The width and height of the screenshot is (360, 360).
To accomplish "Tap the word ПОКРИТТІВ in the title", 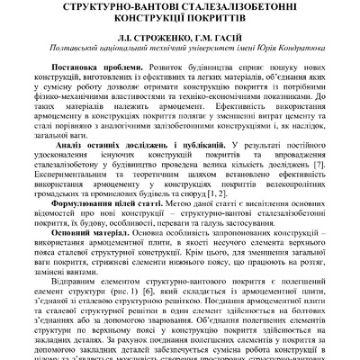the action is coord(231,23).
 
